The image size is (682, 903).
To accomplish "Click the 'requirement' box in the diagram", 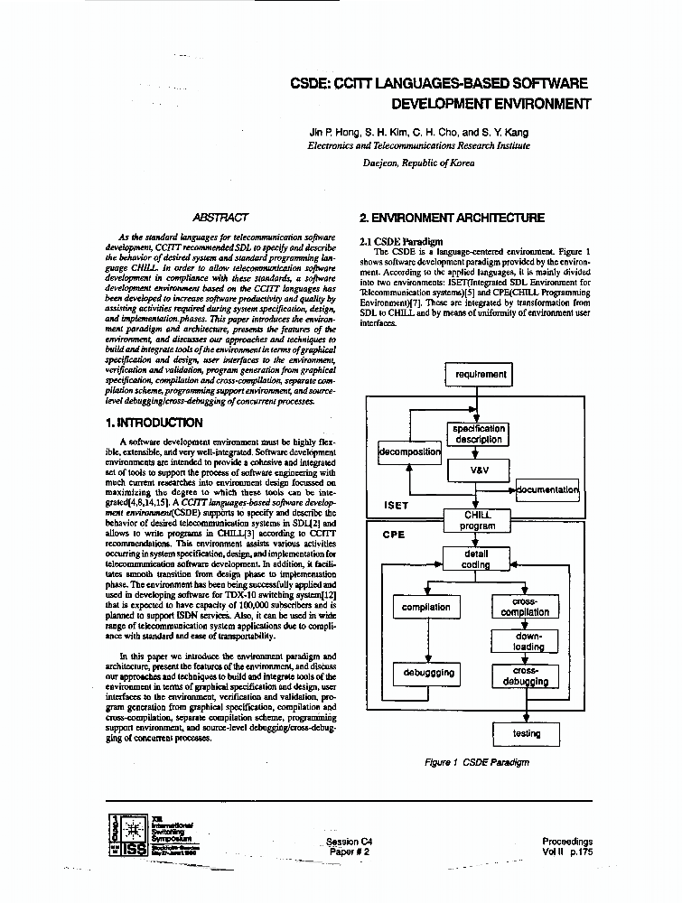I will point(481,374).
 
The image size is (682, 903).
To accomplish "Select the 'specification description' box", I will point(479,434).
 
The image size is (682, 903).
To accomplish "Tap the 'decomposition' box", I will point(408,451).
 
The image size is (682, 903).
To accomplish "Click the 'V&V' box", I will point(479,470).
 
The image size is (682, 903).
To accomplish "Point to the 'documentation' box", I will point(547,489).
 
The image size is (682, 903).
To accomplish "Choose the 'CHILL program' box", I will point(477,519).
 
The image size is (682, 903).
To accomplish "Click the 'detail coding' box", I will point(477,559).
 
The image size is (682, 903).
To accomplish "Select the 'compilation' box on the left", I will point(426,607).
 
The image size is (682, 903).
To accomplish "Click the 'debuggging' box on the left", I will point(426,674).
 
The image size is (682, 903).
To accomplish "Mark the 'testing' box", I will point(526,733).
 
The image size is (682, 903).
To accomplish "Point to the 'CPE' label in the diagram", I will point(393,534).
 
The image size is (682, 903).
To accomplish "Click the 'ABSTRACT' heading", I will point(220,218).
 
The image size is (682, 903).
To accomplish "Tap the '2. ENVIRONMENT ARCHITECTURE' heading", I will point(452,218).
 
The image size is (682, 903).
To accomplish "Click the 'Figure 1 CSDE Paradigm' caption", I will point(477,762).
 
